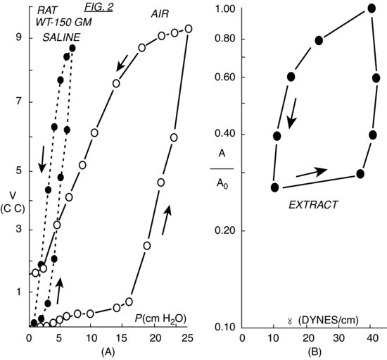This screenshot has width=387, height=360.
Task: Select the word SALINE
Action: click(60, 37)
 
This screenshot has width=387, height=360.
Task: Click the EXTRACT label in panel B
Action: click(315, 205)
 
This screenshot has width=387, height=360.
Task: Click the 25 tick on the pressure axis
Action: click(186, 338)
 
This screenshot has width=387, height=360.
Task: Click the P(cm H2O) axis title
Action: click(161, 318)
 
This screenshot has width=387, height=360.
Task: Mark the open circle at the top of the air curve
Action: click(188, 29)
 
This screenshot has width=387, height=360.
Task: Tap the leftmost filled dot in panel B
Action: click(275, 187)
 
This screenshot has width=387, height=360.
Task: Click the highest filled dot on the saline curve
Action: click(72, 47)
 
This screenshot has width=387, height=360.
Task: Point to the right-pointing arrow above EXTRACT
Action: click(312, 170)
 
